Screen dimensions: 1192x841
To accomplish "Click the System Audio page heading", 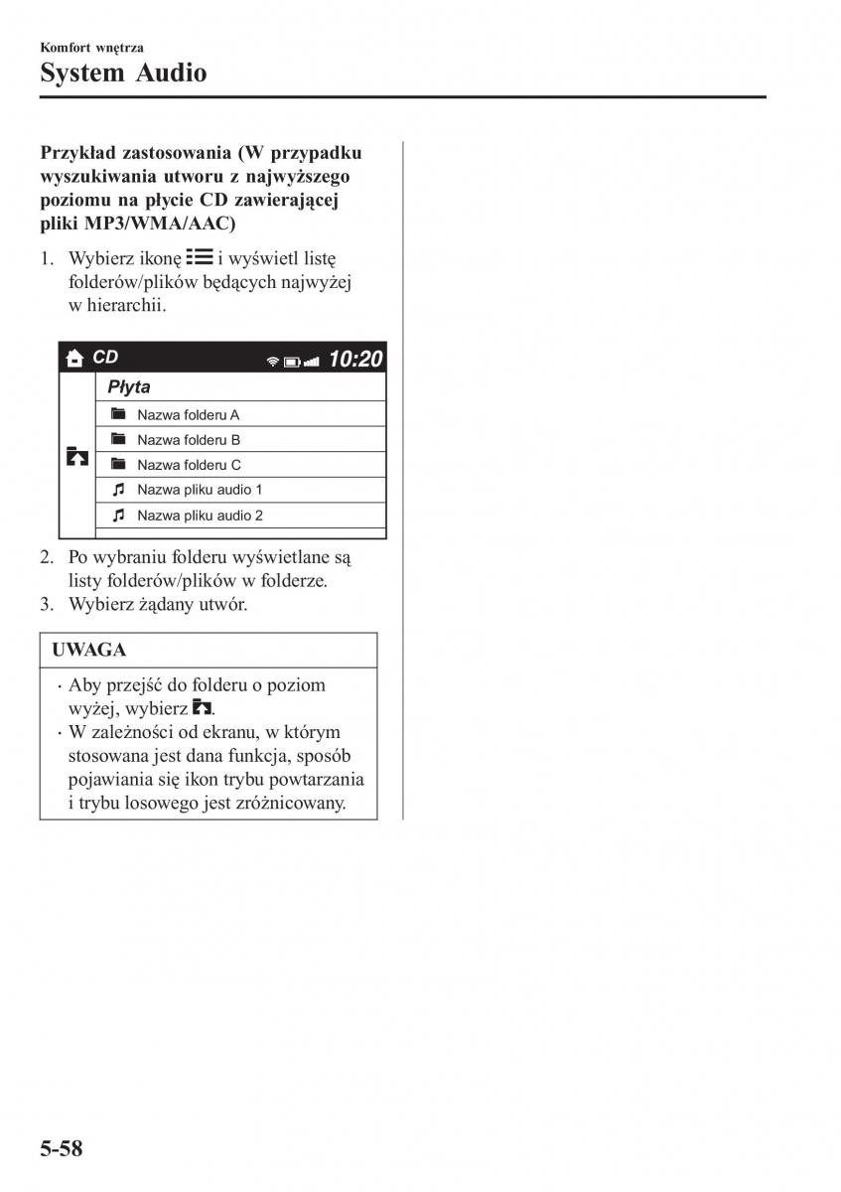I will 124,72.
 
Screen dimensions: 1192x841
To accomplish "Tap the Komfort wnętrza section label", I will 92,46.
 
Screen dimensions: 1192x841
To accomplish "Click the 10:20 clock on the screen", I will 354,359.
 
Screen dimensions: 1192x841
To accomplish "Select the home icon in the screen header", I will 73,359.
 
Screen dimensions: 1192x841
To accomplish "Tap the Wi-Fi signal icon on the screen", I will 273,362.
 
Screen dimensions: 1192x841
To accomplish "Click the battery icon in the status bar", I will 292,362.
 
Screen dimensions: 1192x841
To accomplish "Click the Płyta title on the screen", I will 129,387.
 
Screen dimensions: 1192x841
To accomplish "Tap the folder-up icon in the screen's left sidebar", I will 76,457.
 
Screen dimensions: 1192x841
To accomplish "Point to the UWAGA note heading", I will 89,650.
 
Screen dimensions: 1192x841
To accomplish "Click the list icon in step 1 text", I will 199,257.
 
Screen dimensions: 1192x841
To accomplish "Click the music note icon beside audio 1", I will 118,490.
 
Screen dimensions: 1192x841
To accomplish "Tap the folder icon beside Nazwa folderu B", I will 118,439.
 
